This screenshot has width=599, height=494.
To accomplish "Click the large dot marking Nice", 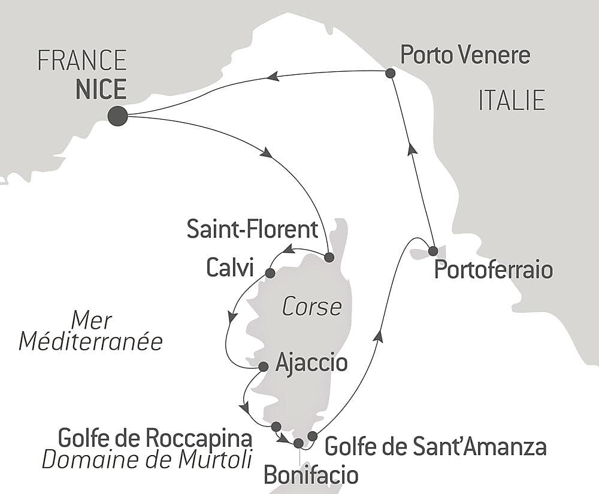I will click(x=117, y=116).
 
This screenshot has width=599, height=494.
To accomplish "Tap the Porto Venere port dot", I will click(x=390, y=73).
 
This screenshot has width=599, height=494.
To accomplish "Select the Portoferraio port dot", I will click(x=432, y=250).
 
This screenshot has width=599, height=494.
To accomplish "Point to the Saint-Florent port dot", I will click(x=328, y=257).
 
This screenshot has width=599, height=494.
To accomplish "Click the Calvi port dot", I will click(x=270, y=273).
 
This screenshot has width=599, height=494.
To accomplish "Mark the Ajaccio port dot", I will click(x=262, y=366).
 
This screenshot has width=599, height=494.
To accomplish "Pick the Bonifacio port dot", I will click(x=298, y=443).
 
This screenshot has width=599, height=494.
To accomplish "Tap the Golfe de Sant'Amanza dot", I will click(x=311, y=435).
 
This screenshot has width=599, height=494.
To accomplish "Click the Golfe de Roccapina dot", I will click(x=276, y=426).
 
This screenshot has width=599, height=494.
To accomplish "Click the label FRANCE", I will click(x=82, y=60).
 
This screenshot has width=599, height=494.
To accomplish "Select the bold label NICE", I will click(x=101, y=89).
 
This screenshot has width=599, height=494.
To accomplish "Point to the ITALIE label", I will click(x=512, y=100).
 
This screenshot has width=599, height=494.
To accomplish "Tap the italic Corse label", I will click(x=312, y=307).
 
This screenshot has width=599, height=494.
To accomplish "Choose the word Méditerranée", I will click(x=91, y=342).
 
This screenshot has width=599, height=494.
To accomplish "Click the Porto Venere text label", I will click(x=465, y=55).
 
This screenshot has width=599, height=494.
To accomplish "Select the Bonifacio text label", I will click(x=311, y=475).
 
